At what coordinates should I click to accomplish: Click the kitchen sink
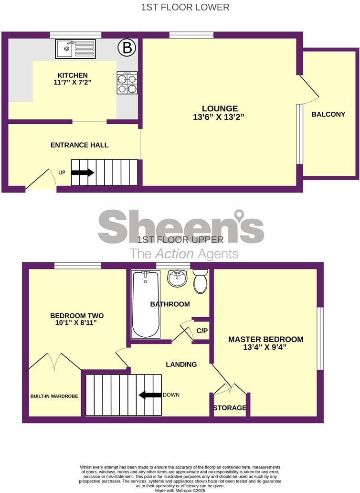pos(75,48)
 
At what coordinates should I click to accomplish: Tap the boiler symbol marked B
pos(127,48)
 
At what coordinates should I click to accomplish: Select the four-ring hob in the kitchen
pos(127,82)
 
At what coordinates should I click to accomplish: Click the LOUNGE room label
pos(220,108)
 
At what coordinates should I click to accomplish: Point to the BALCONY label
pos(328,114)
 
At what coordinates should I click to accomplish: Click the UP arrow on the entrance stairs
pos(83,172)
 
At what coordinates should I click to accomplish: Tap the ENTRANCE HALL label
pos(79,145)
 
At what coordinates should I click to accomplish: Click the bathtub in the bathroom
pos(146,304)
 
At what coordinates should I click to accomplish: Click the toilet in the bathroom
pos(200,281)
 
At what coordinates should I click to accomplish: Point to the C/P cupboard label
pos(201,331)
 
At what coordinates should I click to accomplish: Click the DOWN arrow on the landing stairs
pos(150,395)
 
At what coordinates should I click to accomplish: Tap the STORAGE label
pos(230,408)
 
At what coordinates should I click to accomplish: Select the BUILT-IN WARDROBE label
pos(54,396)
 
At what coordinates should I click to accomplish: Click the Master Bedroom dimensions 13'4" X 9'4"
pos(265,348)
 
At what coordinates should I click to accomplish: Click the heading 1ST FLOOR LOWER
pos(185,7)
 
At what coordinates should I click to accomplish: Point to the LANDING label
pos(181,364)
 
